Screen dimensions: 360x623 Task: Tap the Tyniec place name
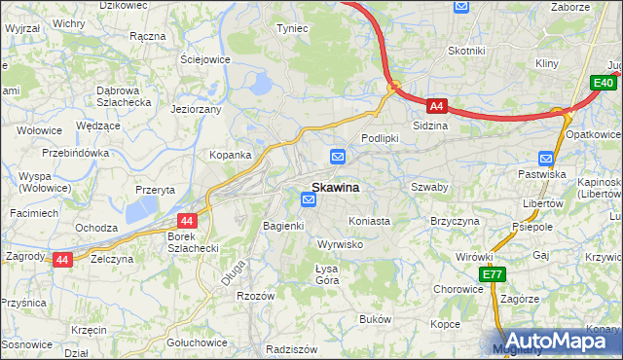[x=292, y=28]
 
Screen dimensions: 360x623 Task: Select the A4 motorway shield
[x=437, y=105]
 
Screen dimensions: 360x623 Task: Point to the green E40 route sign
[x=605, y=85]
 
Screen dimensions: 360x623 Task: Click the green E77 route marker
[x=491, y=275]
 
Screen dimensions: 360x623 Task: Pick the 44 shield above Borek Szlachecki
[x=188, y=221]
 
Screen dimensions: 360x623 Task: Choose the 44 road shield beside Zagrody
[x=61, y=260]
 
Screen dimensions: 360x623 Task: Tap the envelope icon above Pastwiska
[x=547, y=158]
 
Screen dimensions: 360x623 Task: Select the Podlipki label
[x=381, y=138]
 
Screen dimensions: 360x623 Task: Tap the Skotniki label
[x=466, y=51]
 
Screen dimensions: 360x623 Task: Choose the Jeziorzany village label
[x=197, y=110]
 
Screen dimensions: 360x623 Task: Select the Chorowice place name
[x=458, y=289]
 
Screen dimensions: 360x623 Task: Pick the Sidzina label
[x=430, y=126]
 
